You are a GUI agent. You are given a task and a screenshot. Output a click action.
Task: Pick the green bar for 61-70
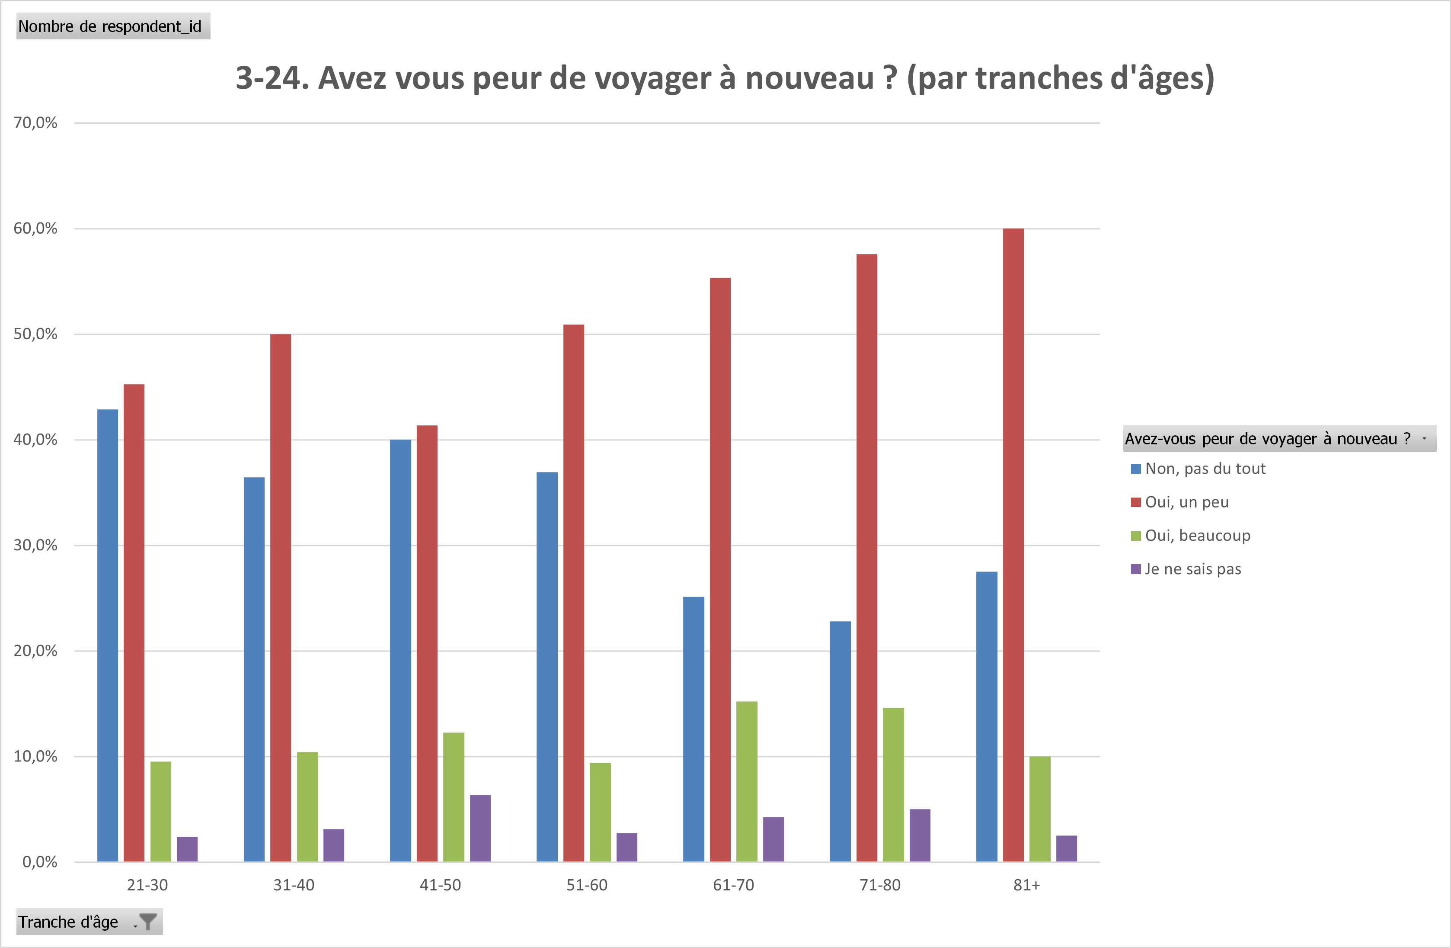click(746, 781)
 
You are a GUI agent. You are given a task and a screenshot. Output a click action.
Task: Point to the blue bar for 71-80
click(840, 741)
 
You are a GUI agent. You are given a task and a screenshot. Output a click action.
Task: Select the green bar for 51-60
click(600, 811)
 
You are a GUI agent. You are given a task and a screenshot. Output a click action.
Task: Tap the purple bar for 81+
click(1066, 848)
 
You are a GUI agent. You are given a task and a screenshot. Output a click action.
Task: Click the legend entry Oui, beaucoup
click(1197, 536)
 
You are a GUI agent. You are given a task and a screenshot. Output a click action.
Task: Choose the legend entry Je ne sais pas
click(1192, 569)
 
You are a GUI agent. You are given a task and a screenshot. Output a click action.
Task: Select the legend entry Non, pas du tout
click(1205, 469)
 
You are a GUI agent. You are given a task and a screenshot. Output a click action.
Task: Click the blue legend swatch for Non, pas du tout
click(1135, 469)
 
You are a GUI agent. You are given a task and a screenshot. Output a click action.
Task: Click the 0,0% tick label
click(40, 862)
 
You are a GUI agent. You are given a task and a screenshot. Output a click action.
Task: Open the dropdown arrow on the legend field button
click(1424, 439)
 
